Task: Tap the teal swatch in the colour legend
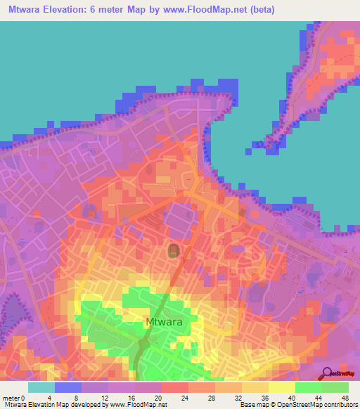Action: pos(41,387)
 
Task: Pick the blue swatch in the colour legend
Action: pos(68,387)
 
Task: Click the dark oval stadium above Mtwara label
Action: pos(173,250)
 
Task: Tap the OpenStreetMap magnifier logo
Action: pos(326,373)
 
